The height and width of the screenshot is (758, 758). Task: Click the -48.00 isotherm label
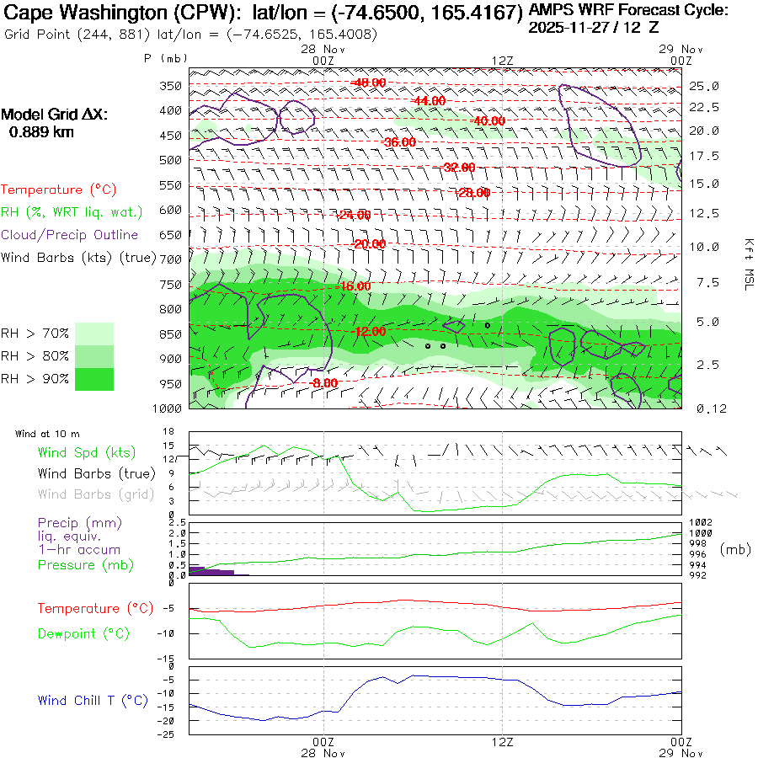pos(370,82)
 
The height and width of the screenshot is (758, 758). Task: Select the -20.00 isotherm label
pos(370,244)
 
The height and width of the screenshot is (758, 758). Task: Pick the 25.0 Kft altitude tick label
pos(703,86)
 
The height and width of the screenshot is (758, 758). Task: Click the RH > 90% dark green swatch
pos(94,378)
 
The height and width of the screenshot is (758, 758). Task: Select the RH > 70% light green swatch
pos(94,333)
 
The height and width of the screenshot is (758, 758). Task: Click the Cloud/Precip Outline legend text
pos(70,235)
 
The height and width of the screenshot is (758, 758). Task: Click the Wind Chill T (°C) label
pos(93,701)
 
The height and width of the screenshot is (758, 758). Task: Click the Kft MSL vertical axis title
pos(746,264)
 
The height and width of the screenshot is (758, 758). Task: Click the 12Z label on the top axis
pos(502,60)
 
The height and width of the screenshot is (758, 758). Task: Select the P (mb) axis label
pos(165,58)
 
